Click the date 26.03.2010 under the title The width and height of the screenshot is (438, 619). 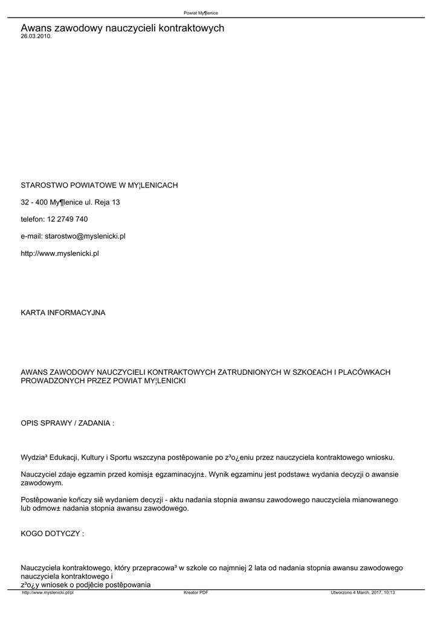point(36,36)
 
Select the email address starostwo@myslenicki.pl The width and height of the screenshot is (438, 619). point(85,236)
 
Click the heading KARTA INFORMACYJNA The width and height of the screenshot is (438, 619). point(63,313)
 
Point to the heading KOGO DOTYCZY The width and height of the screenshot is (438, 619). point(52,534)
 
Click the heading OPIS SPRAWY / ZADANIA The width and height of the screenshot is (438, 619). point(67,423)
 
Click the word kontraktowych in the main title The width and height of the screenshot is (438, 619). point(190,28)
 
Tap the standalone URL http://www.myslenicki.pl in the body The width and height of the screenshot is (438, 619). point(60,253)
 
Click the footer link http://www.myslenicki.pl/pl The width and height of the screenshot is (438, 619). point(48,592)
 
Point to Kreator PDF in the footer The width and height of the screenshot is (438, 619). point(196,592)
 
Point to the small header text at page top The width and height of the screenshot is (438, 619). point(201,13)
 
